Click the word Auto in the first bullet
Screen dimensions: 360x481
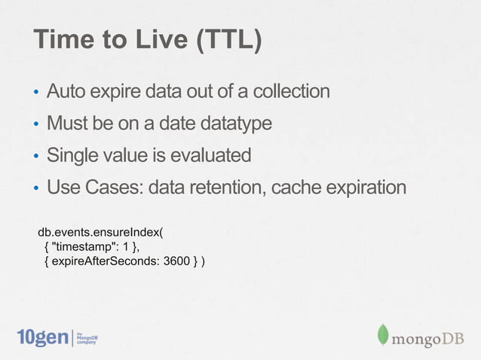tap(66, 92)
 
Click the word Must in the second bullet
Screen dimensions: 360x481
tap(66, 123)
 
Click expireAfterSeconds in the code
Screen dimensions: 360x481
tap(106, 261)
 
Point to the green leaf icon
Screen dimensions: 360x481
tap(383, 336)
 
